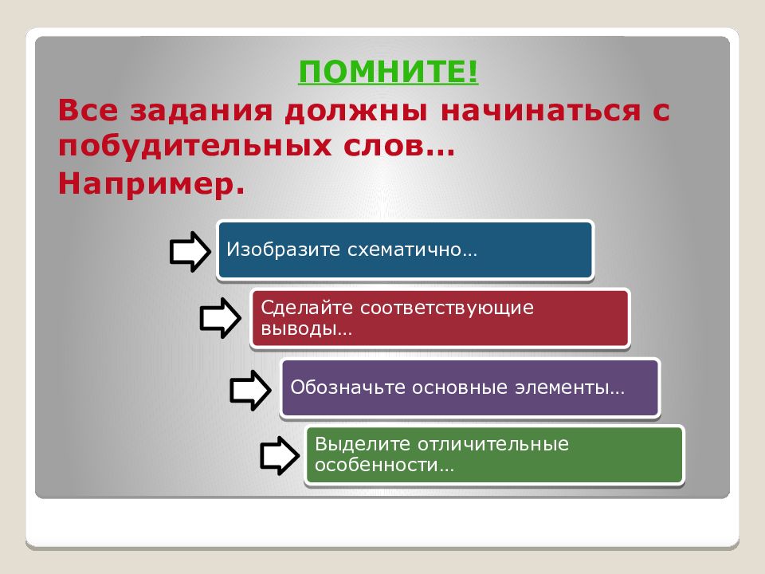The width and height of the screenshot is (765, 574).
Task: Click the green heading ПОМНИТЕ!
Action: click(x=388, y=72)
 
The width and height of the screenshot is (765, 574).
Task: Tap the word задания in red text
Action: click(x=201, y=112)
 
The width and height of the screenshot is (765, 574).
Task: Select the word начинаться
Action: click(x=540, y=111)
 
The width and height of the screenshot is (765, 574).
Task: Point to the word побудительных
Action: click(x=194, y=147)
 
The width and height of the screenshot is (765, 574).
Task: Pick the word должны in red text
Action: click(x=356, y=112)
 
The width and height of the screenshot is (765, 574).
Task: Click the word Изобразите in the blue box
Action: click(x=283, y=250)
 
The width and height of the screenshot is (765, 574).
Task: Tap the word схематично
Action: click(x=412, y=250)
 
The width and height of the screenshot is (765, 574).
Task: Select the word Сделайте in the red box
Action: click(x=307, y=308)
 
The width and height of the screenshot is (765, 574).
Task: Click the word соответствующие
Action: click(x=447, y=309)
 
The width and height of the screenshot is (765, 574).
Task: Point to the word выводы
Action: click(x=306, y=328)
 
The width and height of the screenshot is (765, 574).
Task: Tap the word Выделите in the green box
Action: click(x=362, y=444)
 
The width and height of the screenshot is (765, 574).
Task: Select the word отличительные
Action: click(x=492, y=444)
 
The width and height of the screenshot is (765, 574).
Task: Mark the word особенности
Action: click(x=384, y=465)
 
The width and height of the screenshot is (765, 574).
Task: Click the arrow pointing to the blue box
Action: click(x=190, y=251)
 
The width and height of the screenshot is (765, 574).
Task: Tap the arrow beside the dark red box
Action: click(x=220, y=318)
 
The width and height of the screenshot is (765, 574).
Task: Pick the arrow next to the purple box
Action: click(x=250, y=390)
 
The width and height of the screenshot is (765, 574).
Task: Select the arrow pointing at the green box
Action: click(x=280, y=455)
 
